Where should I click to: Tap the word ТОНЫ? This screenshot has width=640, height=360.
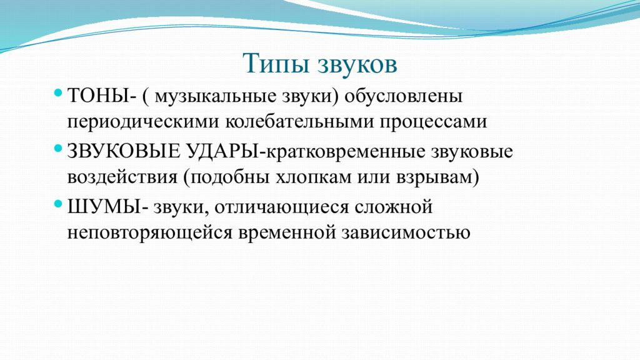(x=98, y=96)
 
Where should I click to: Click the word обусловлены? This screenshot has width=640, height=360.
(x=403, y=97)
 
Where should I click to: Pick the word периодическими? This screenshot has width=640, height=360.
(x=144, y=122)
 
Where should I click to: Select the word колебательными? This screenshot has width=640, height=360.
(x=300, y=122)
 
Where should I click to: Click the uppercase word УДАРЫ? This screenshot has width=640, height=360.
(x=222, y=152)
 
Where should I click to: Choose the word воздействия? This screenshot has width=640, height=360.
(x=122, y=178)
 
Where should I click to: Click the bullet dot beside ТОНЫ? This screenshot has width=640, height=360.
(x=58, y=93)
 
